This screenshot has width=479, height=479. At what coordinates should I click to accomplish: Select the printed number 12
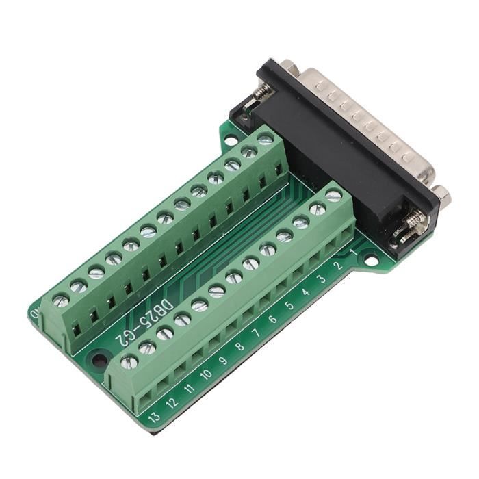(172, 402)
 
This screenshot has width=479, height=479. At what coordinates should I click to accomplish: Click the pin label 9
(222, 361)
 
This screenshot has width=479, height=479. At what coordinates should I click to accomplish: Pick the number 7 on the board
(256, 333)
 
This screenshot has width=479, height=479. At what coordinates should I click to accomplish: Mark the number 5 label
(289, 305)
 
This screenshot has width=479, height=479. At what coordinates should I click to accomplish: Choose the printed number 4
(305, 293)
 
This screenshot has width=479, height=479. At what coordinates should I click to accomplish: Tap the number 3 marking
(322, 279)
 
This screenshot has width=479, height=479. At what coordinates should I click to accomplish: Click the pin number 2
(337, 266)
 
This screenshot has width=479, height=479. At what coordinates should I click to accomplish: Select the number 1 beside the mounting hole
(353, 252)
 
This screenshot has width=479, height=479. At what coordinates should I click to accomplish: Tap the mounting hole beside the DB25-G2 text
(101, 359)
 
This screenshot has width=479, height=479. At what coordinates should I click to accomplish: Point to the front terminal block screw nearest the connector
(333, 196)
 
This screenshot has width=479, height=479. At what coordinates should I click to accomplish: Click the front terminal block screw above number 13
(129, 361)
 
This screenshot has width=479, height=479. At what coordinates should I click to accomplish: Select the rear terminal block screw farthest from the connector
(61, 299)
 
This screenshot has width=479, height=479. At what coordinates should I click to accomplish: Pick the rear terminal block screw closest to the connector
(265, 139)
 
